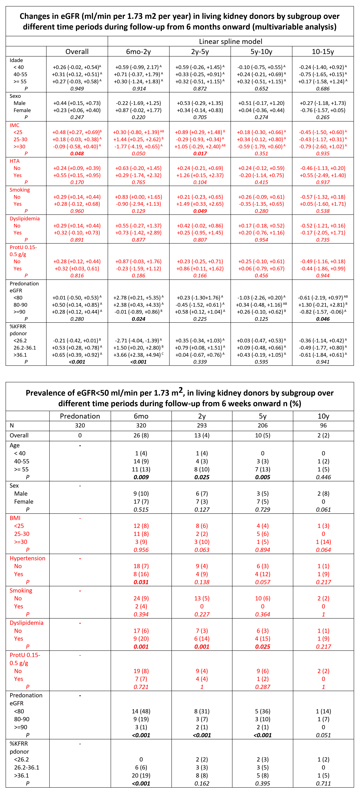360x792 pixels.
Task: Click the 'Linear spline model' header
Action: click(231, 41)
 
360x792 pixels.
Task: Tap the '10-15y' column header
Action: click(323, 52)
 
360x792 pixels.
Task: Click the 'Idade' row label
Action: click(16, 60)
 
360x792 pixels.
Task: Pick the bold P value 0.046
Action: click(323, 319)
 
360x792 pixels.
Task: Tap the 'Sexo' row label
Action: click(15, 96)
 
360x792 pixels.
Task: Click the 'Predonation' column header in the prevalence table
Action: click(80, 416)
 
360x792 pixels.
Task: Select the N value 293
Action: click(202, 426)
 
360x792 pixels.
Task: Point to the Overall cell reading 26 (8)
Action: click(141, 435)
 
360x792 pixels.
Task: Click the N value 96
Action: click(323, 426)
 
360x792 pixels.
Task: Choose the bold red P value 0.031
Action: click(141, 582)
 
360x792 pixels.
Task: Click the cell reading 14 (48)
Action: click(141, 711)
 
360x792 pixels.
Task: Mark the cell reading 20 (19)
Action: click(141, 775)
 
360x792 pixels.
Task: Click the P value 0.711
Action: click(323, 783)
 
